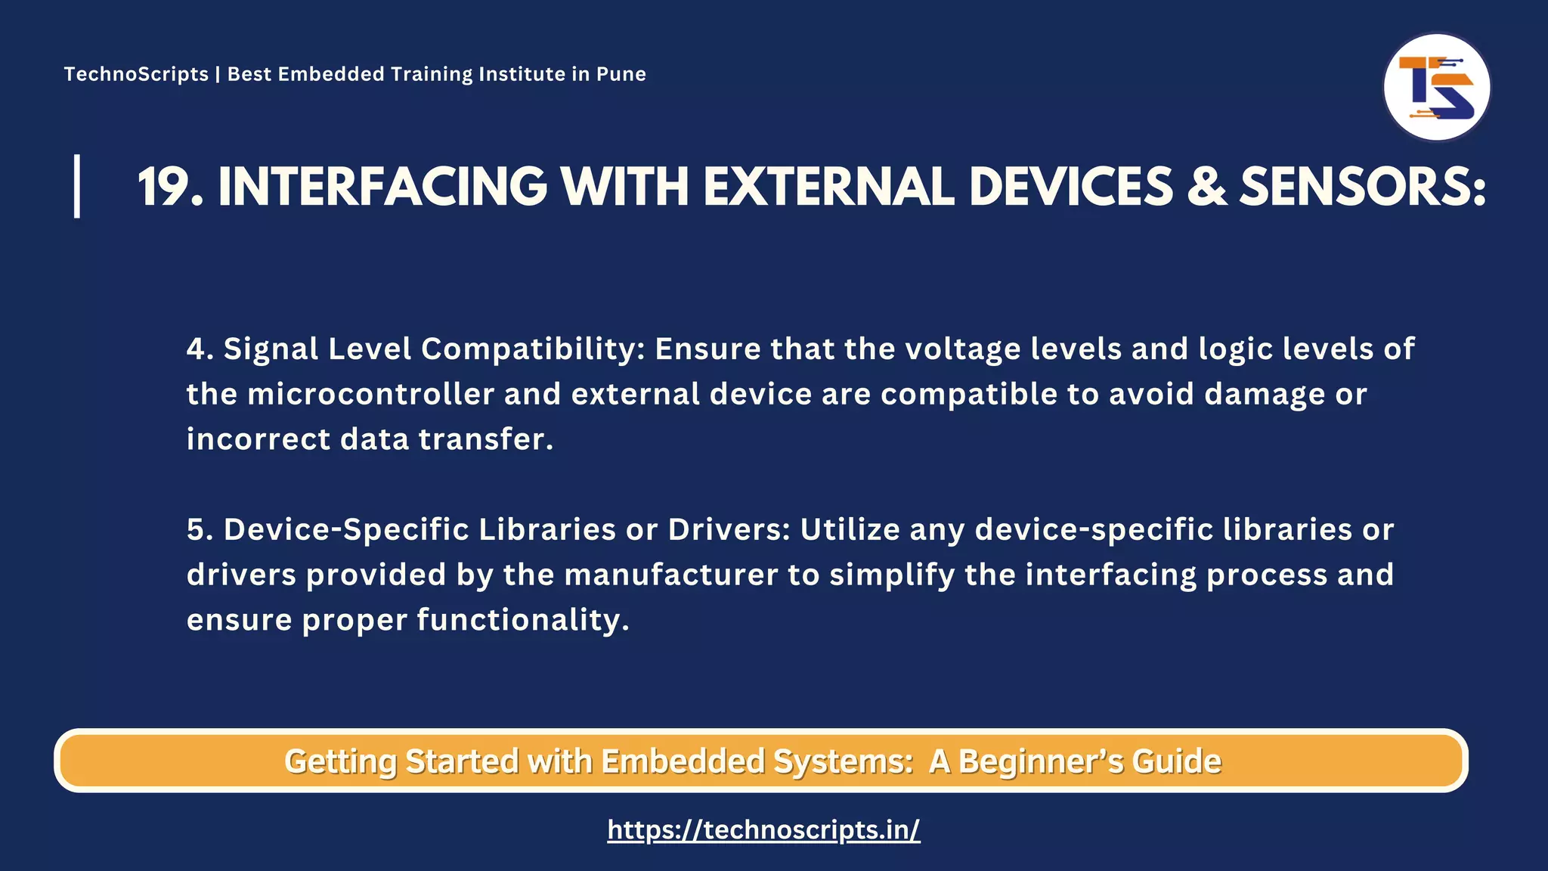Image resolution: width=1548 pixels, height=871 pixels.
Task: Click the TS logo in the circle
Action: coord(1436,88)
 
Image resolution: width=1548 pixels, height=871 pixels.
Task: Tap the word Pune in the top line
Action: coord(621,74)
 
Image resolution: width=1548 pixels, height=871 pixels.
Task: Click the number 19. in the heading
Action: coord(170,187)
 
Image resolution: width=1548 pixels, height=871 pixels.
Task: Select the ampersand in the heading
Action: coord(1206,187)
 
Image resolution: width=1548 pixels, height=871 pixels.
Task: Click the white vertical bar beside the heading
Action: coord(77,186)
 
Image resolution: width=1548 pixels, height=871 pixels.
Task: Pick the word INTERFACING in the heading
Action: coord(382,187)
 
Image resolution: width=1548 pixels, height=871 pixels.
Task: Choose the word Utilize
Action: coord(850,529)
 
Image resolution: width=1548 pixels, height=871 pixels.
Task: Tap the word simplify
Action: coord(892,575)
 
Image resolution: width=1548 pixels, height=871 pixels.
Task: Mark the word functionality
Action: coord(522,620)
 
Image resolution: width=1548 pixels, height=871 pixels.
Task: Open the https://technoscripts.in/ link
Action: coord(763,830)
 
